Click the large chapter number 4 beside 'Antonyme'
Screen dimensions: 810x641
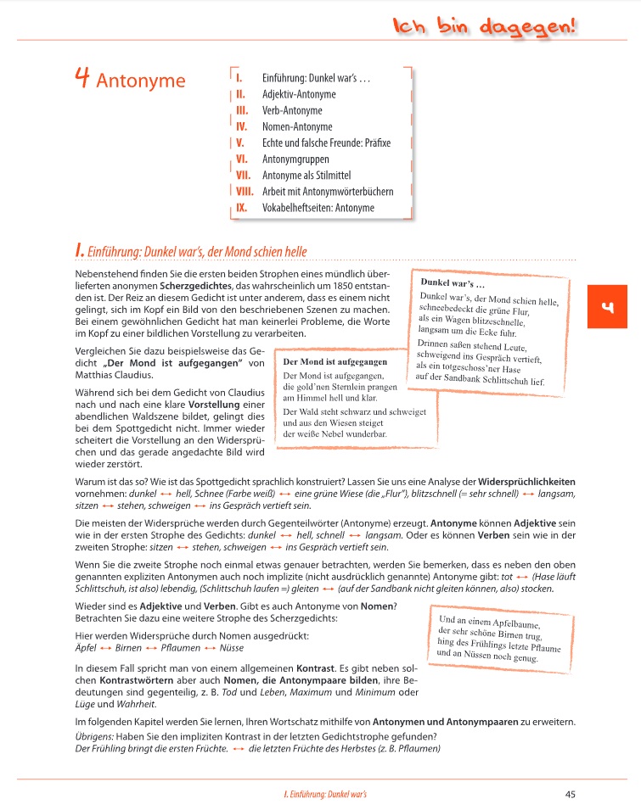82,79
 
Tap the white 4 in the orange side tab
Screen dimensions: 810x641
607,307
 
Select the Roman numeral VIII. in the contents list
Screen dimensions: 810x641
245,191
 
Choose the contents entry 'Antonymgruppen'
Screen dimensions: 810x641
295,159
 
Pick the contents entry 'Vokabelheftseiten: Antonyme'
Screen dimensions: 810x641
318,207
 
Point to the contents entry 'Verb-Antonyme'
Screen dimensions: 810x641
293,110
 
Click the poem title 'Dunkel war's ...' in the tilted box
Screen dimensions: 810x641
453,282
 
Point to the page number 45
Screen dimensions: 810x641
570,795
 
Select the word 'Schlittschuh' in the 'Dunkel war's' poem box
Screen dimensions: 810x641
503,381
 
